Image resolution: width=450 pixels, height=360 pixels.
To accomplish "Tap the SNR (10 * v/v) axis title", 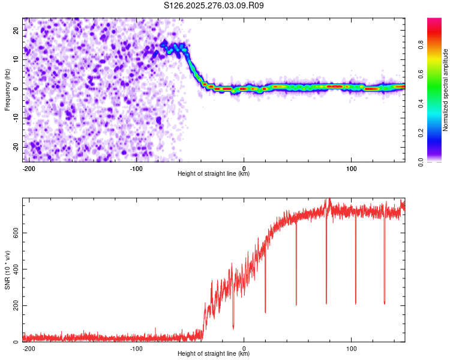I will pos(7,270).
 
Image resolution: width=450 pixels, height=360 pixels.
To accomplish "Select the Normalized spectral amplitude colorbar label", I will pos(445,90).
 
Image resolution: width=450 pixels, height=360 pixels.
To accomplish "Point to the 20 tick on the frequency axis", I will pos(16,30).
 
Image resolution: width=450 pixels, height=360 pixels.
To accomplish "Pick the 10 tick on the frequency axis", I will pos(16,59).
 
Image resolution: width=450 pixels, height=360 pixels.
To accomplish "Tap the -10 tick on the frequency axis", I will pos(15,118).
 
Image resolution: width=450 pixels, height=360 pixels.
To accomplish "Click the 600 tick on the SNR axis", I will pos(14,232).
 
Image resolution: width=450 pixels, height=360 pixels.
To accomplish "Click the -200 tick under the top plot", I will pos(28,168).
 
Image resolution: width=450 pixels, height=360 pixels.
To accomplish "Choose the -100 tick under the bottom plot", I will pos(136,348).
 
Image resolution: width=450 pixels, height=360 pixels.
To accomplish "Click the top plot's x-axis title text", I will pos(214,174).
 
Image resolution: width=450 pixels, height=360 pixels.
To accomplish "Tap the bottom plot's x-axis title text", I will pos(214,354).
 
